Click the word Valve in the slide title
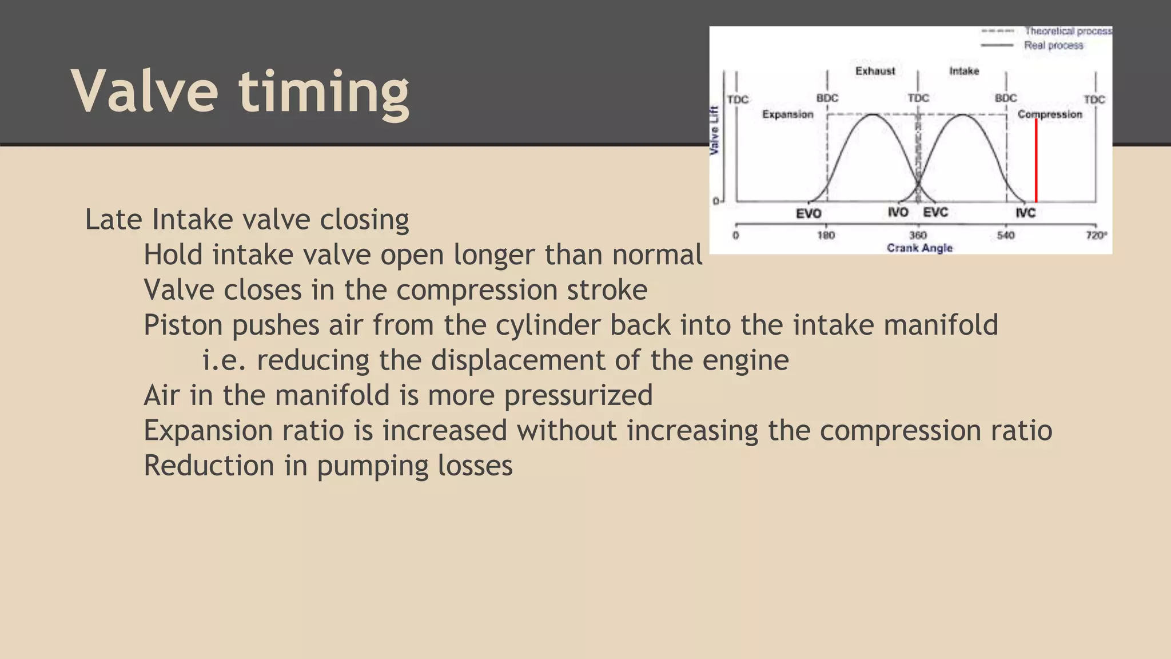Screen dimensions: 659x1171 pyautogui.click(x=145, y=92)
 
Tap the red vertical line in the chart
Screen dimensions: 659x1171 pyautogui.click(x=1035, y=160)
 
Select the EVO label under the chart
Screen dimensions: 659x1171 pyautogui.click(x=808, y=213)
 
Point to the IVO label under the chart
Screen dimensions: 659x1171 pyautogui.click(x=898, y=212)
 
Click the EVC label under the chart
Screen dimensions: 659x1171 pyautogui.click(x=935, y=212)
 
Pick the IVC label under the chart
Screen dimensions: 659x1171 pyautogui.click(x=1025, y=213)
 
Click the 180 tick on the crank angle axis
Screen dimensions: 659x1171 pyautogui.click(x=826, y=235)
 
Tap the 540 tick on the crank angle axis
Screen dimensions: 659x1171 pyautogui.click(x=1006, y=235)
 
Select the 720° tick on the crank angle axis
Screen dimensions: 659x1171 pyautogui.click(x=1096, y=235)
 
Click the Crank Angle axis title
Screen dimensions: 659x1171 pyautogui.click(x=919, y=248)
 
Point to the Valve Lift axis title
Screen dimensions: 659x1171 pyautogui.click(x=714, y=130)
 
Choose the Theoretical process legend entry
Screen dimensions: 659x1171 pyautogui.click(x=1068, y=31)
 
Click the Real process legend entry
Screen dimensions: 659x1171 pyautogui.click(x=1053, y=45)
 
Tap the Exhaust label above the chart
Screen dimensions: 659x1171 pyautogui.click(x=875, y=71)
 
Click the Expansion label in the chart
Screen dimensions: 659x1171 pyautogui.click(x=787, y=114)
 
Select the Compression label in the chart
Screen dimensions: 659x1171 pyautogui.click(x=1050, y=114)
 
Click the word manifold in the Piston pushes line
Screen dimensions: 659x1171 pyautogui.click(x=941, y=325)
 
